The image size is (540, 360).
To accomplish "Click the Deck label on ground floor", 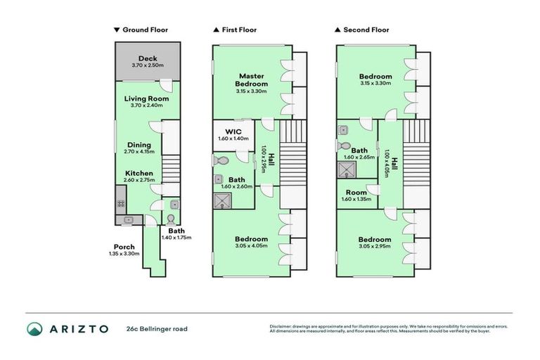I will pos(147,58).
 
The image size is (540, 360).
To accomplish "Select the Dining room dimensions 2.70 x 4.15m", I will pos(139,152).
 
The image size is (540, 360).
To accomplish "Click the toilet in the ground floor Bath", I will pos(170,218).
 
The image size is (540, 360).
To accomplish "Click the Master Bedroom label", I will pos(251,79).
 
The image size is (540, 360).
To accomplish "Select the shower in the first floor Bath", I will pos(222,200).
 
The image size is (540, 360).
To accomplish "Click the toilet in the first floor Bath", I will pos(219,160).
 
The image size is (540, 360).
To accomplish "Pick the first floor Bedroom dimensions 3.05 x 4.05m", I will pos(251,246).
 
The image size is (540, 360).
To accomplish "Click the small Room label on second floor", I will pos(357,192).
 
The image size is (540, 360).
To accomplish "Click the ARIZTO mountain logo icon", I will pos(35,328).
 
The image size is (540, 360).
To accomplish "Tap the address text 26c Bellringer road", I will pos(157,328).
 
